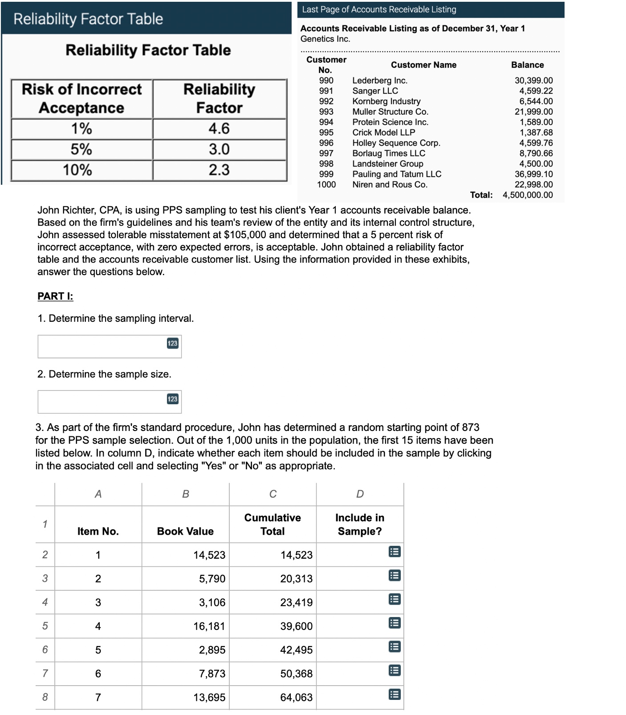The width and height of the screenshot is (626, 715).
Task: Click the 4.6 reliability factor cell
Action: pos(219,129)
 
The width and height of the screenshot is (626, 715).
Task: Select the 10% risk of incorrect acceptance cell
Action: pos(81,170)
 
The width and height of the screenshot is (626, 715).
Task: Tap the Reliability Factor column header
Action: pos(219,98)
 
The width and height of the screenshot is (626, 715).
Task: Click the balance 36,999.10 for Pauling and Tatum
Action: pos(533,174)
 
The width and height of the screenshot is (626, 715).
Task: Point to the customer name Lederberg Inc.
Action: pos(380,81)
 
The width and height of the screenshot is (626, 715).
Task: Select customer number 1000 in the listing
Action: pos(326,184)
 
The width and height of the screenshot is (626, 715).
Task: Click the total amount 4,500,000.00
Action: pos(528,195)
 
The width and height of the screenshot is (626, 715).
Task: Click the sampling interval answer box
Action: pos(102,346)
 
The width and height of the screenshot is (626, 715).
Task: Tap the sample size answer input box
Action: pos(102,402)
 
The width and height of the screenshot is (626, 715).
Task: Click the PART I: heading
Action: pos(55,297)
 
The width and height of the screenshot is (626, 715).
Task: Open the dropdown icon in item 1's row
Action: pos(394,552)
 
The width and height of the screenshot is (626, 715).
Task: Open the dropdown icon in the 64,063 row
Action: pos(394,695)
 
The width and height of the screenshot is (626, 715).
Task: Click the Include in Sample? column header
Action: pos(360,524)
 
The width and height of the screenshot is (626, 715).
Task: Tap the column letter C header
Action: pos(273,494)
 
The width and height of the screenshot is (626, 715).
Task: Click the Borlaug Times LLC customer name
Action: pos(389,153)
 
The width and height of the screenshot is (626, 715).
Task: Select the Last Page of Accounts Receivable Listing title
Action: pos(379,9)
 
